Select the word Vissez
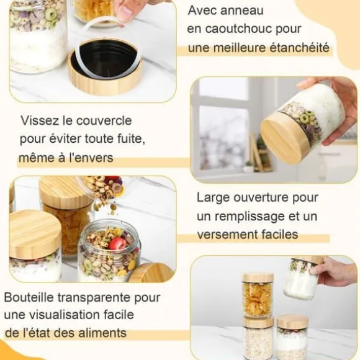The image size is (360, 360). coord(40,120)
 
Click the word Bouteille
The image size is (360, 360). coord(29,297)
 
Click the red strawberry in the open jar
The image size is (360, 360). coord(117,243)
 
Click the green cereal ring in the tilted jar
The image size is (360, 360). coord(305,118)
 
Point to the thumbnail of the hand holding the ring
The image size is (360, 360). coord(124,11)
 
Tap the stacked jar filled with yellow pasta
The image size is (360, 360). coord(258,295)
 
